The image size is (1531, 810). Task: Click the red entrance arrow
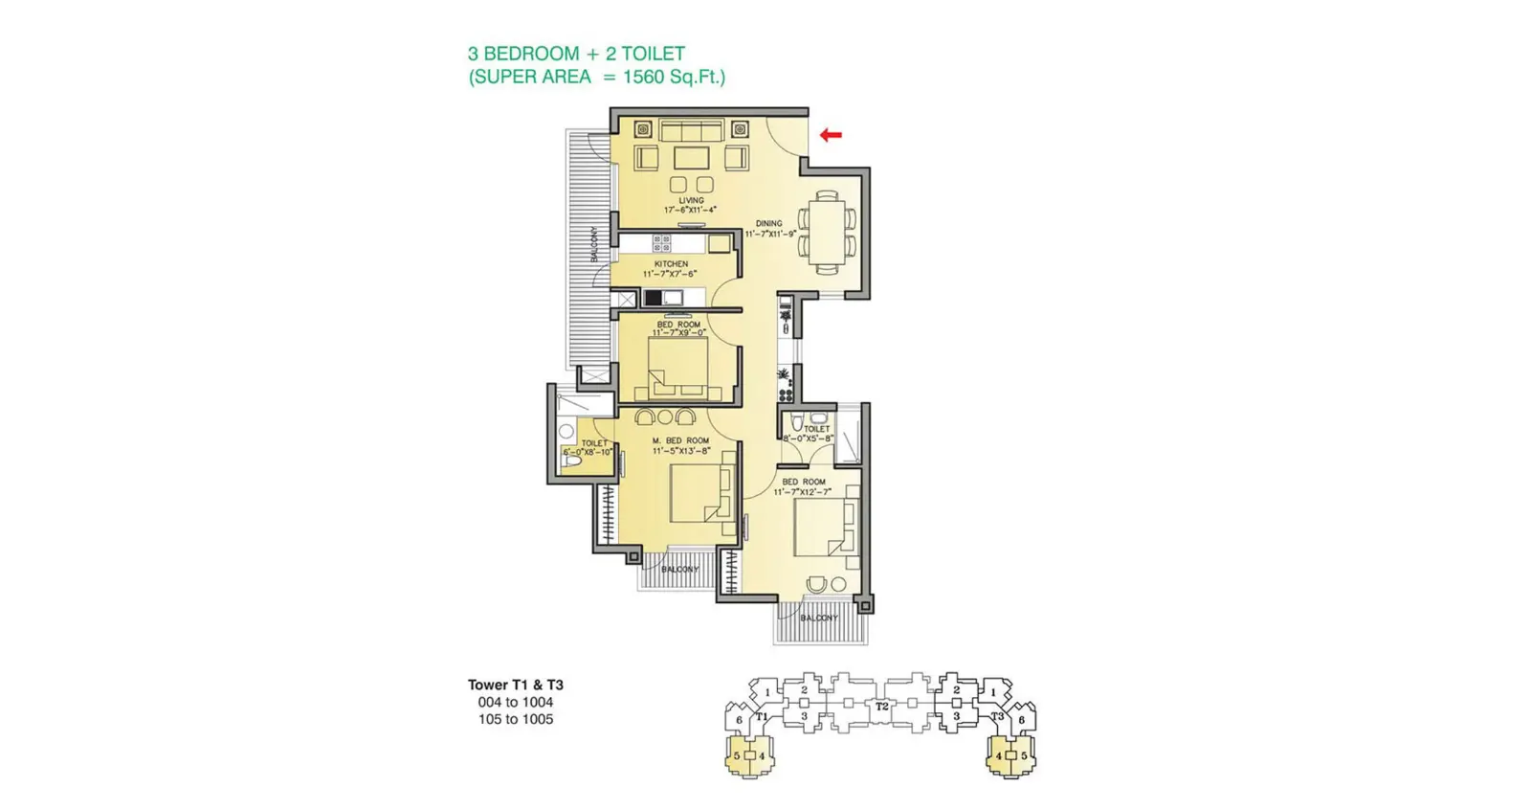tap(831, 135)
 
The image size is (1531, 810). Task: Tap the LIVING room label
tap(691, 201)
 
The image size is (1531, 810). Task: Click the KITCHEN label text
tap(671, 264)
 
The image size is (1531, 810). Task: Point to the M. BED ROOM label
tap(681, 441)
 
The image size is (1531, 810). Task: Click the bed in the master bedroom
tap(701, 491)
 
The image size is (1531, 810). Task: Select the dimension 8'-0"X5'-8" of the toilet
tap(809, 439)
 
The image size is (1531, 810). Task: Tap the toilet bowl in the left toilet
tap(572, 462)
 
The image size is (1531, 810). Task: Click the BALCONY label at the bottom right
tap(819, 619)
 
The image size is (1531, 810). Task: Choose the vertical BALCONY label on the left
tap(595, 244)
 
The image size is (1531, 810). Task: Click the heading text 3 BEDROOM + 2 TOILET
tap(576, 54)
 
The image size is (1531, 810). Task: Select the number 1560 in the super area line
tap(643, 78)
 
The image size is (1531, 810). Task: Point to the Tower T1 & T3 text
tap(515, 685)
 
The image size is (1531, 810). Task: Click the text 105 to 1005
tap(515, 719)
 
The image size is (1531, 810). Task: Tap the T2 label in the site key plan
tap(882, 707)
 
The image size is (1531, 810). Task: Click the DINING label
tap(768, 223)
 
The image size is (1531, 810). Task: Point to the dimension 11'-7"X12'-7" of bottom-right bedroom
tap(802, 492)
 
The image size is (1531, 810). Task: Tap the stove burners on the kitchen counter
tap(661, 243)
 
